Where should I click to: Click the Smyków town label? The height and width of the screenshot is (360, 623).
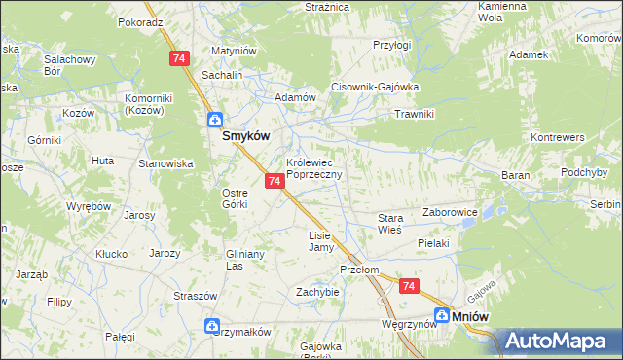point(246,137)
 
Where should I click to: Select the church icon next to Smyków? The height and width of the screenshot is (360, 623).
point(213,121)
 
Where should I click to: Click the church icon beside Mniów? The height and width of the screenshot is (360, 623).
point(442,315)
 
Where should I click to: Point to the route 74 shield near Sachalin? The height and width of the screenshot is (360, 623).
point(178,59)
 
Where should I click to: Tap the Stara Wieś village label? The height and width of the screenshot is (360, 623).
point(390,225)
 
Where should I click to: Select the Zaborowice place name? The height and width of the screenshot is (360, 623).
point(449,211)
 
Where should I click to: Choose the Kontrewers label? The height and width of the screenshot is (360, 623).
point(557,138)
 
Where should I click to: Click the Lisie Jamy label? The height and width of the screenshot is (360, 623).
point(320,241)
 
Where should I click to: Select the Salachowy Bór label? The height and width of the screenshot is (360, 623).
point(68,65)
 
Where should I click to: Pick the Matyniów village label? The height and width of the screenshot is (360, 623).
point(233,51)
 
